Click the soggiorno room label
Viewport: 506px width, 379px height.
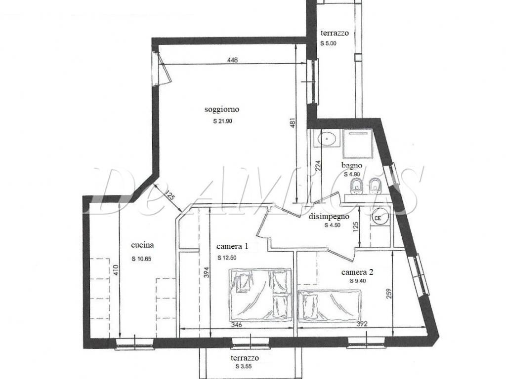(x=222, y=109)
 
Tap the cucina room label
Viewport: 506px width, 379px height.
(x=142, y=245)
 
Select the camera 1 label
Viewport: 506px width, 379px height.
(x=232, y=247)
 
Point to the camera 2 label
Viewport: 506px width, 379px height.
(x=357, y=272)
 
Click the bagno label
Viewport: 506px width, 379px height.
(x=352, y=166)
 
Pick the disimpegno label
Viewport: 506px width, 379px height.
(x=329, y=217)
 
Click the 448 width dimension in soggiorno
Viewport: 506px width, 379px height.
(x=232, y=60)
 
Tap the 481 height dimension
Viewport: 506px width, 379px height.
(x=293, y=122)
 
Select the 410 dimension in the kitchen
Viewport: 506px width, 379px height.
(x=116, y=270)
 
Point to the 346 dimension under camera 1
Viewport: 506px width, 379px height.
(x=237, y=325)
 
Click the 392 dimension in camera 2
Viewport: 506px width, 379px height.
(x=362, y=324)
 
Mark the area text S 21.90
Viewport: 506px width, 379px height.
(x=223, y=121)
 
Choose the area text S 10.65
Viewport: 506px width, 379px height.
(x=141, y=259)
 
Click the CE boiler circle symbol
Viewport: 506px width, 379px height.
(x=378, y=218)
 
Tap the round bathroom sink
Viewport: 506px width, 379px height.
(x=327, y=139)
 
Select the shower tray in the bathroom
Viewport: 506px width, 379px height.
(x=358, y=144)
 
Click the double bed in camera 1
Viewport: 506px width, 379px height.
(x=261, y=295)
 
